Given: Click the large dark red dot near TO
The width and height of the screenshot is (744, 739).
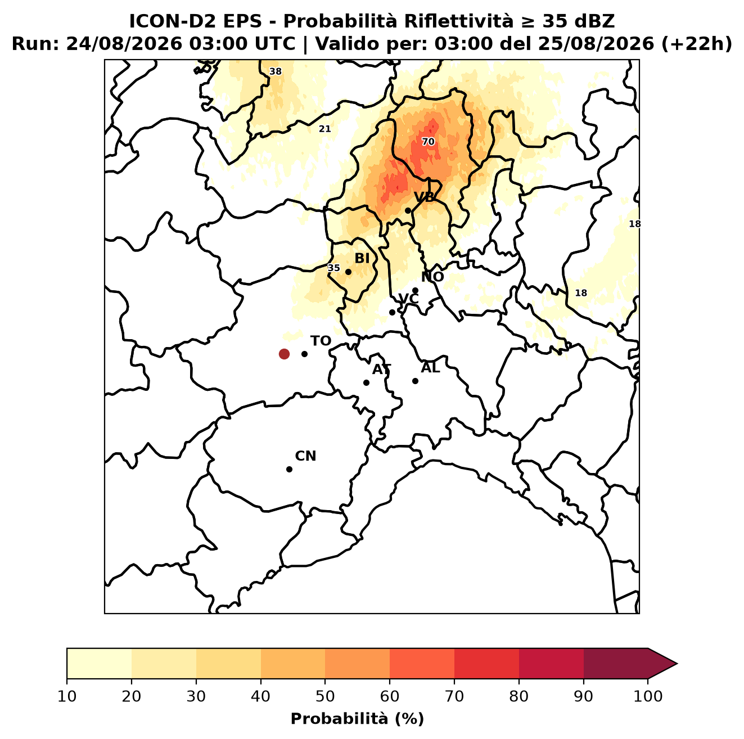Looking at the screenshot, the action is click(x=284, y=353).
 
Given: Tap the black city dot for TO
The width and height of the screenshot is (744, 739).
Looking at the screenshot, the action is click(x=304, y=354).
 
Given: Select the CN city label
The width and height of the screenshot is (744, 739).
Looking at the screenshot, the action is click(x=305, y=456).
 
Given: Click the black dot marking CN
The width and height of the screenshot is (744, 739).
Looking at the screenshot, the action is click(x=289, y=469).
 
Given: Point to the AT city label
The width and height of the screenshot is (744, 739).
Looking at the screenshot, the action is click(x=381, y=370).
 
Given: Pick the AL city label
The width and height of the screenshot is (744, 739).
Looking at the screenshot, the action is click(x=430, y=367).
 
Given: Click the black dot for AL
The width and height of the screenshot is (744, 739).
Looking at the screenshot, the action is click(x=415, y=381).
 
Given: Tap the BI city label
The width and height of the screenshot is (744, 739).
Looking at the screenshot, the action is click(x=362, y=258).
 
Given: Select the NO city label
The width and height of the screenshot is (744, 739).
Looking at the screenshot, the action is click(x=432, y=277).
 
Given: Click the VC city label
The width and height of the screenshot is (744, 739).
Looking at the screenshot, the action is click(x=408, y=298).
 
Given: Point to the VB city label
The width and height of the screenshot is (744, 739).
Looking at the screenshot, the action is click(x=424, y=197).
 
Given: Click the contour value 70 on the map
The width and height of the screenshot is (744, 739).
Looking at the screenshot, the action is click(x=428, y=142).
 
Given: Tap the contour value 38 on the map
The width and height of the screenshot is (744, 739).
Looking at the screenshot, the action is click(x=276, y=71).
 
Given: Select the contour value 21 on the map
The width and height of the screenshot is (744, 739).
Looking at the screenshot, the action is click(x=324, y=129).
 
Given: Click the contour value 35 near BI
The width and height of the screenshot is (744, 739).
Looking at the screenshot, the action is click(x=333, y=268).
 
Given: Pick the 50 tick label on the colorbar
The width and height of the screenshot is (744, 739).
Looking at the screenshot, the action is click(x=325, y=696).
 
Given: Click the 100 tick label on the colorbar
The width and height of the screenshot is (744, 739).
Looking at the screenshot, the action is click(x=648, y=696).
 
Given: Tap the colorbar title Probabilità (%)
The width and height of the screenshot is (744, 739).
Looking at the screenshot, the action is click(x=357, y=719).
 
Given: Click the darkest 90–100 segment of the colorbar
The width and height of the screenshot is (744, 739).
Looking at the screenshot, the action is click(x=615, y=663).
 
